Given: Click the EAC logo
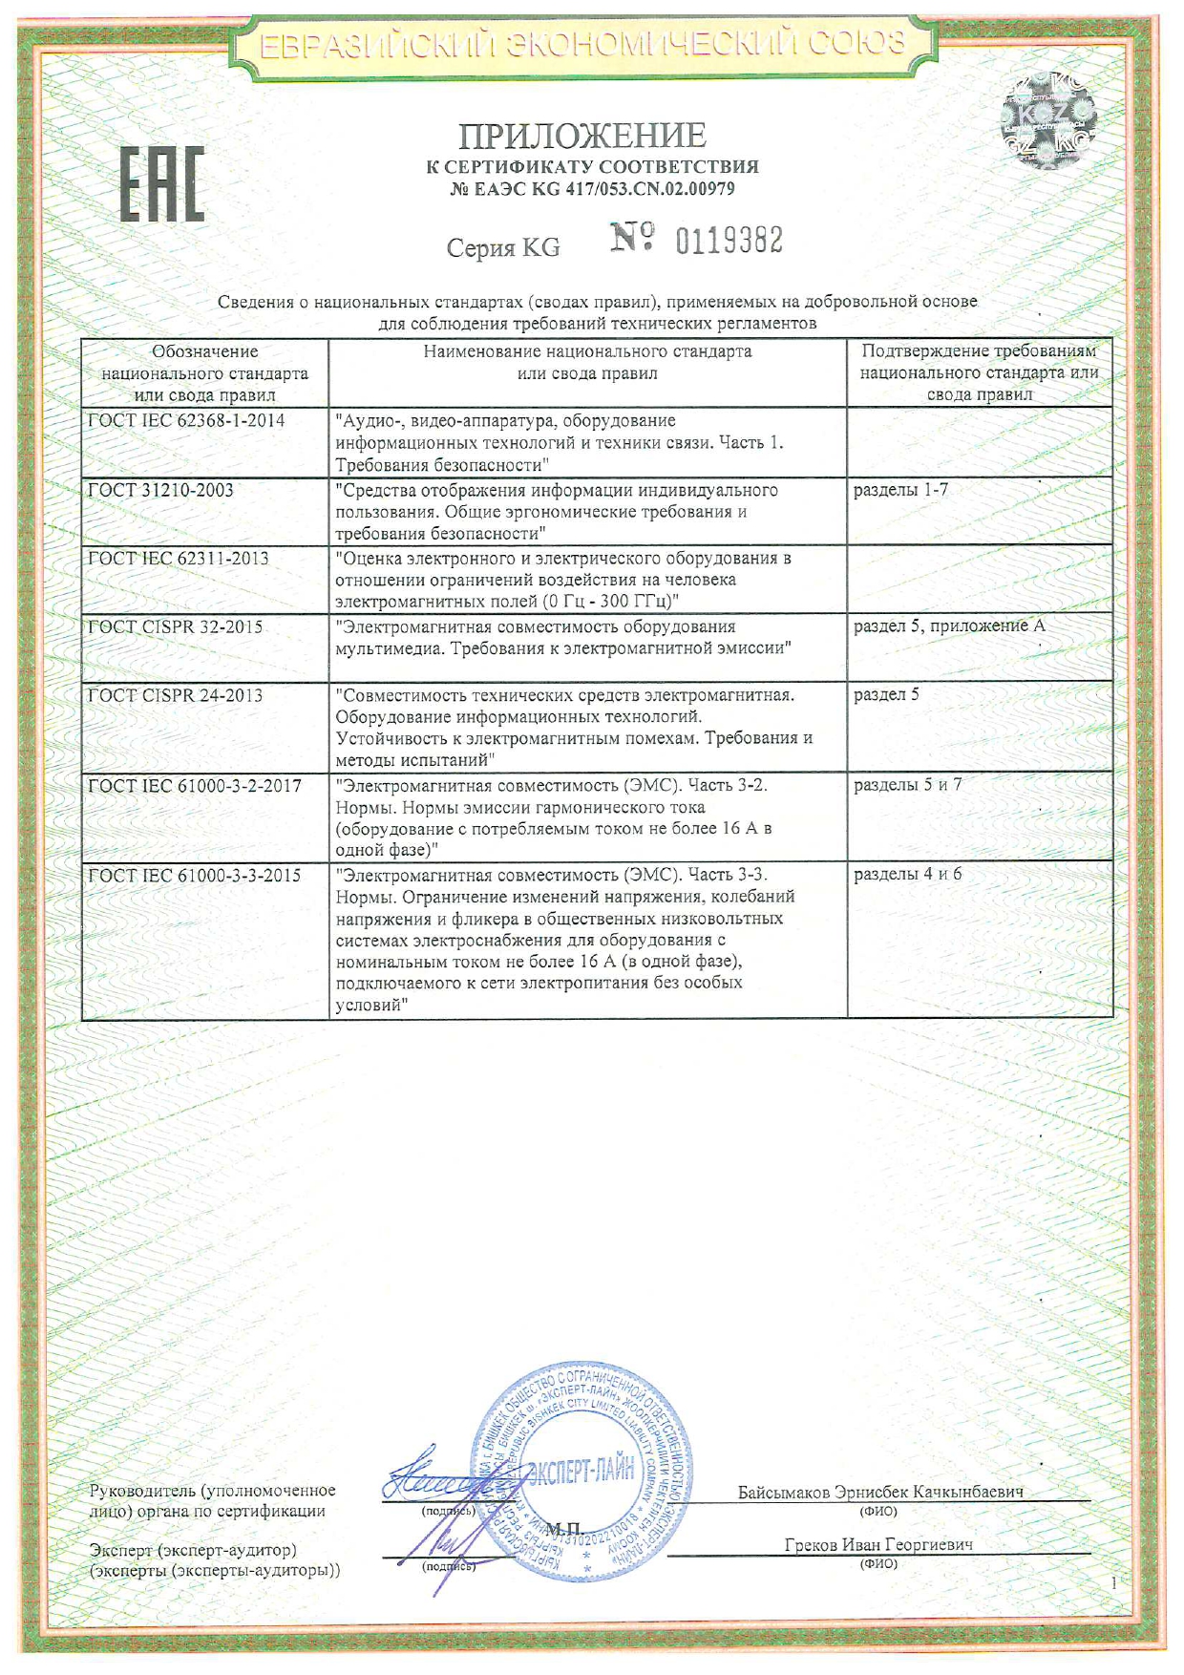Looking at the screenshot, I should click(x=161, y=184).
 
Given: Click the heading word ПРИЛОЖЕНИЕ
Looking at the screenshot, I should click(x=582, y=137).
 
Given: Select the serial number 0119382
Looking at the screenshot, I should click(x=729, y=241).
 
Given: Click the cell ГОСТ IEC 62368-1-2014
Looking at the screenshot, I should click(x=186, y=420).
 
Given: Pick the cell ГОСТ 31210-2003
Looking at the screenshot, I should click(x=160, y=490).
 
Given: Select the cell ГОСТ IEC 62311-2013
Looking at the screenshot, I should click(x=179, y=559).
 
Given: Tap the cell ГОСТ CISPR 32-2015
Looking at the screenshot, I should click(x=176, y=627).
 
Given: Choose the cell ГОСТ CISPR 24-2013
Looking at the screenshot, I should click(x=176, y=695).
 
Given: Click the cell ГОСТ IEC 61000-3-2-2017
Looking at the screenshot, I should click(x=195, y=786).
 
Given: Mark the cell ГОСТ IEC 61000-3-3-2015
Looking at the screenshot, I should click(x=195, y=875).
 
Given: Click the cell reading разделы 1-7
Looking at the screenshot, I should click(x=900, y=490).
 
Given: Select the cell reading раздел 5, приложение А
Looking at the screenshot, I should click(x=949, y=626).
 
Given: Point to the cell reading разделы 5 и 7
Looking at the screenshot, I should click(x=907, y=785).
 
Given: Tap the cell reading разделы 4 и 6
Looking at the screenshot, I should click(x=907, y=874).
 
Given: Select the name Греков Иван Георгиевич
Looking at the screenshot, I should click(x=878, y=1544).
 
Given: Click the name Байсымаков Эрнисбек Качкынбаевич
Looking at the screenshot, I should click(x=880, y=1492).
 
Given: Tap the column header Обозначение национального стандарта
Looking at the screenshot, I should click(x=204, y=372).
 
